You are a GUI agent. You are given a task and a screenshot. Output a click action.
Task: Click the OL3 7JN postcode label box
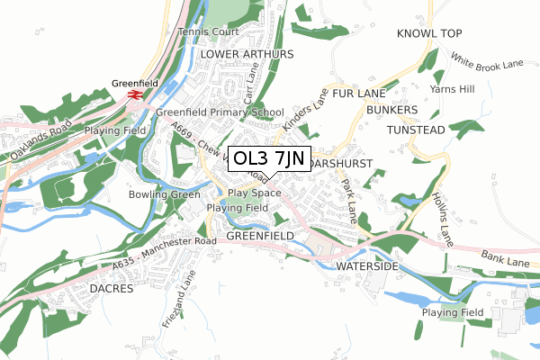pos(270,160)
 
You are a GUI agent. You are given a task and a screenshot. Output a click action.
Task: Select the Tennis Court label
pos(209,31)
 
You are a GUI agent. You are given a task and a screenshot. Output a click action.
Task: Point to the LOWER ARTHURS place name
pos(247,54)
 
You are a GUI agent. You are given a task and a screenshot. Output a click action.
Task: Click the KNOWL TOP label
pos(428,33)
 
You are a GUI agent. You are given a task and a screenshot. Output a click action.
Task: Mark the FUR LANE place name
pos(358,93)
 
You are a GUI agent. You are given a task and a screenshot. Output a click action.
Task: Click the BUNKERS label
pos(392,110)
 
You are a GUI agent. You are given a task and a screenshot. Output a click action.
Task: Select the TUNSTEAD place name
pos(416,130)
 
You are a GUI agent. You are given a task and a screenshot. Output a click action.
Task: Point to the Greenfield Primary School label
pos(220,112)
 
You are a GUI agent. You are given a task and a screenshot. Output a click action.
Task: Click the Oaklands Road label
pos(35,143)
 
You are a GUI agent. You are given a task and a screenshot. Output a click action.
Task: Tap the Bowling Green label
pos(163,194)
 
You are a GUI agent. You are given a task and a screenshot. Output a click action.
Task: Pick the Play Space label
pos(254,193)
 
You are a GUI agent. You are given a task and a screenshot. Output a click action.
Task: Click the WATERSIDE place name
pos(366,267)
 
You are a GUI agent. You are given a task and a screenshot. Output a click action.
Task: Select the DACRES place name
pos(112,289)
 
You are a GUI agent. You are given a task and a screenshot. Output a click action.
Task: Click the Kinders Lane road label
pos(303,111)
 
